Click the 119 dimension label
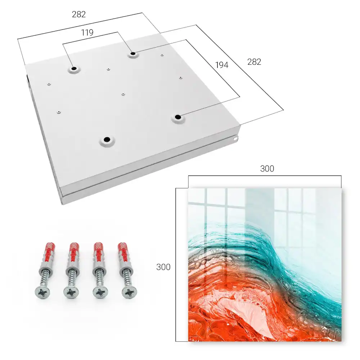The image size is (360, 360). coord(87,33)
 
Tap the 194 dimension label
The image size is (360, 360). coord(222,65)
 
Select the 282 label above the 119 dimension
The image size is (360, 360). coord(79,14)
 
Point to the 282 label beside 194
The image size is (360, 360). coord(254,62)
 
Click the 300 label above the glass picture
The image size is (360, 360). coord(267,169)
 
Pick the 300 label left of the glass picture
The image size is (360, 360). coord(163,267)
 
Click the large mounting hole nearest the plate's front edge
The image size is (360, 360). coord(107,139)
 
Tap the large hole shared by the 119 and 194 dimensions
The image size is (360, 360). coord(133,54)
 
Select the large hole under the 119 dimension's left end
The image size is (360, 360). coord(74,68)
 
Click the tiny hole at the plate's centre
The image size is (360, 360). coord(123,94)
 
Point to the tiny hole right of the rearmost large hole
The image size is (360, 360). coord(162,55)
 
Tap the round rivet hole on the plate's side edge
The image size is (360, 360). coord(235,139)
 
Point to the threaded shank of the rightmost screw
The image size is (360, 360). coord(126,279)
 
